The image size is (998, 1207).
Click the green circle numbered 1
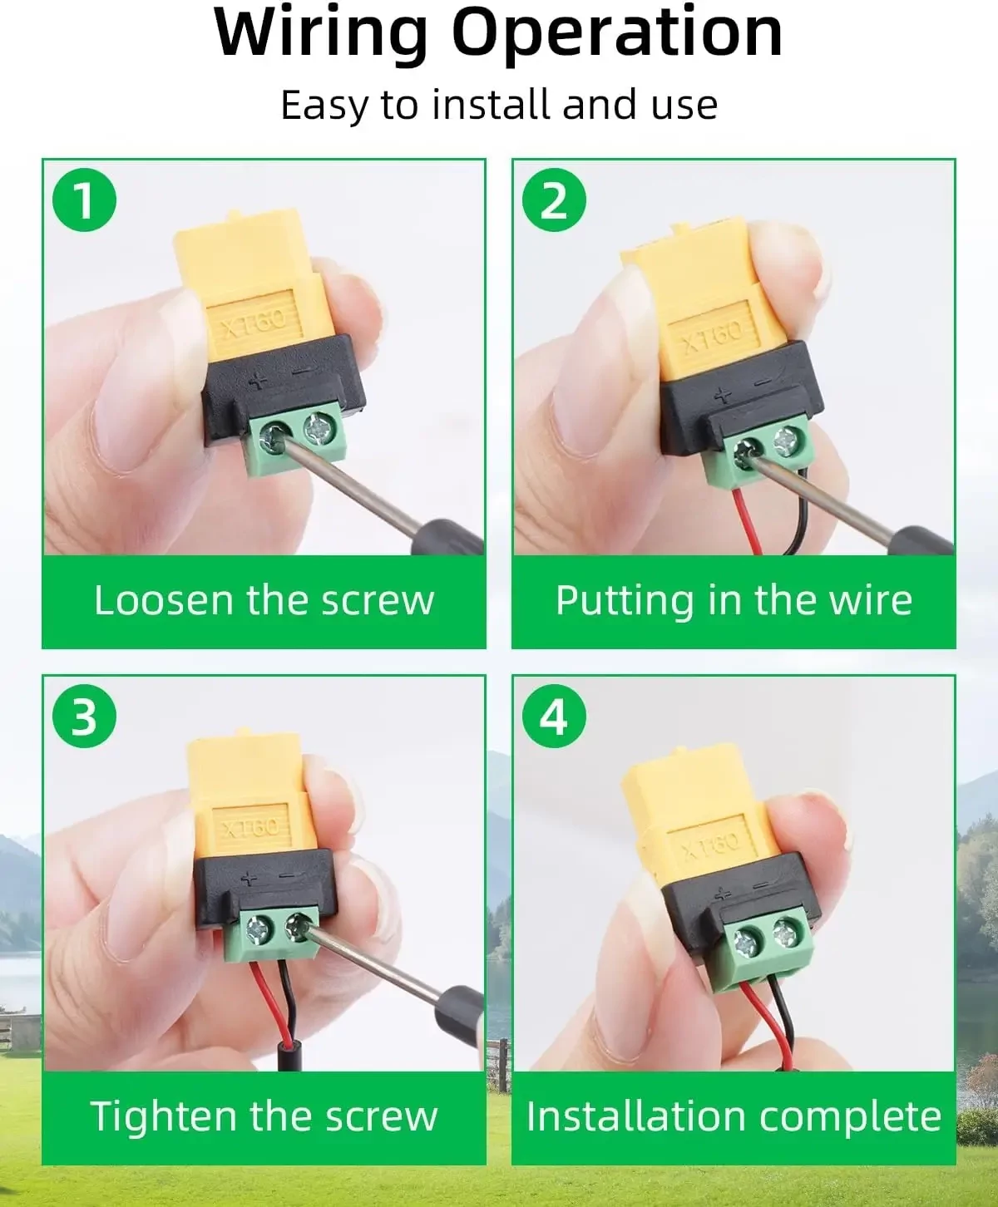85,200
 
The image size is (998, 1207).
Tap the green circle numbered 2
554,200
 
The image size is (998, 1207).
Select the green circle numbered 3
85,717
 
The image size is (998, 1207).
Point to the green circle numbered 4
554,717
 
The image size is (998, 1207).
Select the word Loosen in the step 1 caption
164,600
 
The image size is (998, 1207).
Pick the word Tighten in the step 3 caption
165,1117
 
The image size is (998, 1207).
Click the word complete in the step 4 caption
850,1117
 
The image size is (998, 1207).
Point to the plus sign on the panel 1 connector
258,381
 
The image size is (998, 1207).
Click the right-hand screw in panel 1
318,429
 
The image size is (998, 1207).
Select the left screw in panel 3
255,930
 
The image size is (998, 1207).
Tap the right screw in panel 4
786,933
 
